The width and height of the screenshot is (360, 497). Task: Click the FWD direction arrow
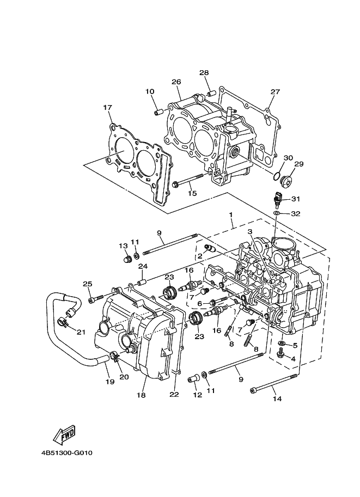(64, 434)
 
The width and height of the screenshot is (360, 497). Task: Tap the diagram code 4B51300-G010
(66, 453)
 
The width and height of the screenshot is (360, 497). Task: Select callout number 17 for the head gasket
(107, 107)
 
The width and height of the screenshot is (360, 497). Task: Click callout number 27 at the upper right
(275, 91)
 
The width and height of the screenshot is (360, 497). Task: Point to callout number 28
(204, 72)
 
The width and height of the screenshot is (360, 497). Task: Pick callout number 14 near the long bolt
(277, 398)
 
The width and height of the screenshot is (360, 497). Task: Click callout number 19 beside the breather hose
(110, 382)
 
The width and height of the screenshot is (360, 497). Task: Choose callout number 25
(88, 284)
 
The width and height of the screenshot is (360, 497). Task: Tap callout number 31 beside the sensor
(295, 199)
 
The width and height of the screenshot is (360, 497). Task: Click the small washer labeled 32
(277, 213)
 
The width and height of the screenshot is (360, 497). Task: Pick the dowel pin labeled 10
(158, 112)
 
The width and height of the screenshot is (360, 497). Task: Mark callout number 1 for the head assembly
(231, 214)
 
